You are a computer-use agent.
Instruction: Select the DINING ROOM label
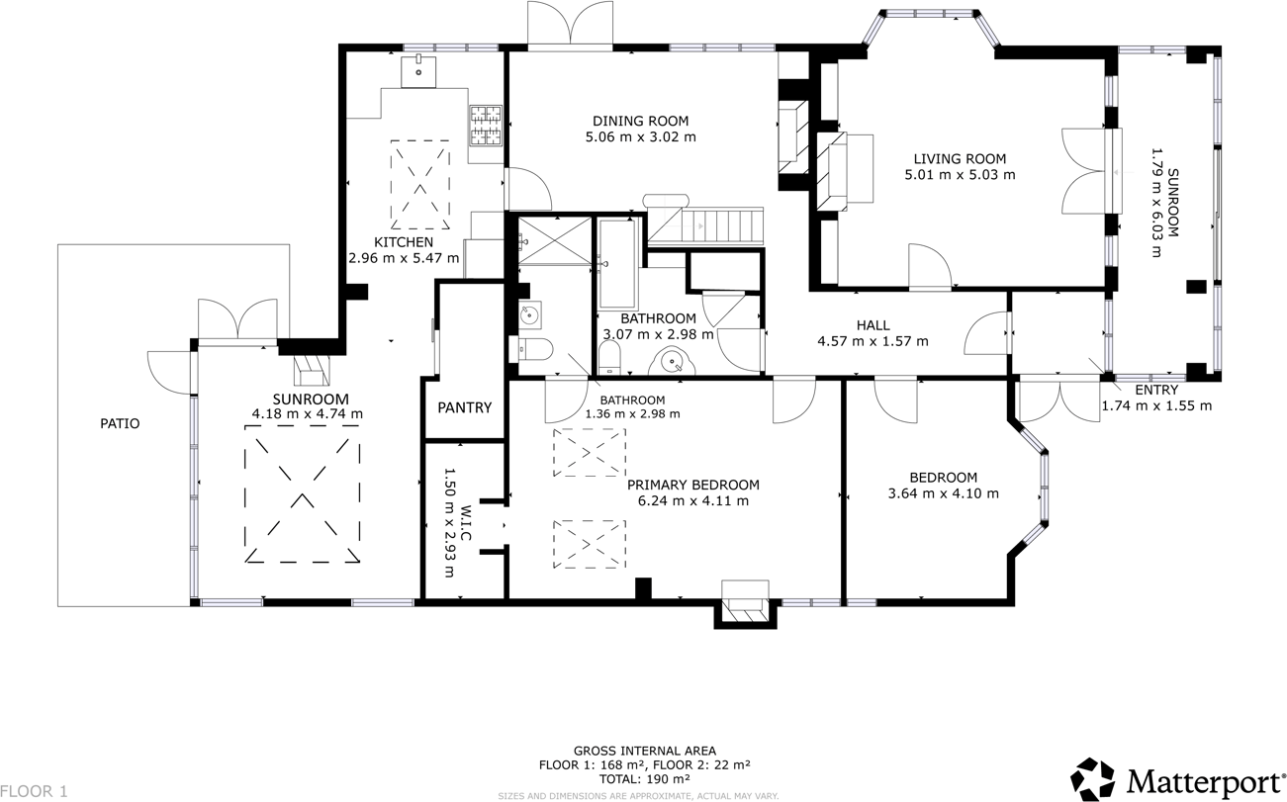pyautogui.click(x=640, y=121)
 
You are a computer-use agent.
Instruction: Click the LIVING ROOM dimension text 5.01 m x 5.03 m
pyautogui.click(x=960, y=175)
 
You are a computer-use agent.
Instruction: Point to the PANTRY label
pyautogui.click(x=464, y=407)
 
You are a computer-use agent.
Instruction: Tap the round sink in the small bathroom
pyautogui.click(x=528, y=316)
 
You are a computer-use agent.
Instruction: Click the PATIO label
pyautogui.click(x=120, y=423)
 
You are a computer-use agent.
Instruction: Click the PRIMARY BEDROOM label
pyautogui.click(x=693, y=485)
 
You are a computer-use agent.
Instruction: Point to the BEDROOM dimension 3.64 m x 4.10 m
pyautogui.click(x=943, y=493)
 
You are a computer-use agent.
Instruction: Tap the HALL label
pyautogui.click(x=873, y=325)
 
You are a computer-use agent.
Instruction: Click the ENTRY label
pyautogui.click(x=1155, y=391)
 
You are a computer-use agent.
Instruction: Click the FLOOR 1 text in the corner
pyautogui.click(x=35, y=791)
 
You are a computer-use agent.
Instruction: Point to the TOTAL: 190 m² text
pyautogui.click(x=644, y=779)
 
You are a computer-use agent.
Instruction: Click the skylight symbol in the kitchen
pyautogui.click(x=421, y=185)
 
